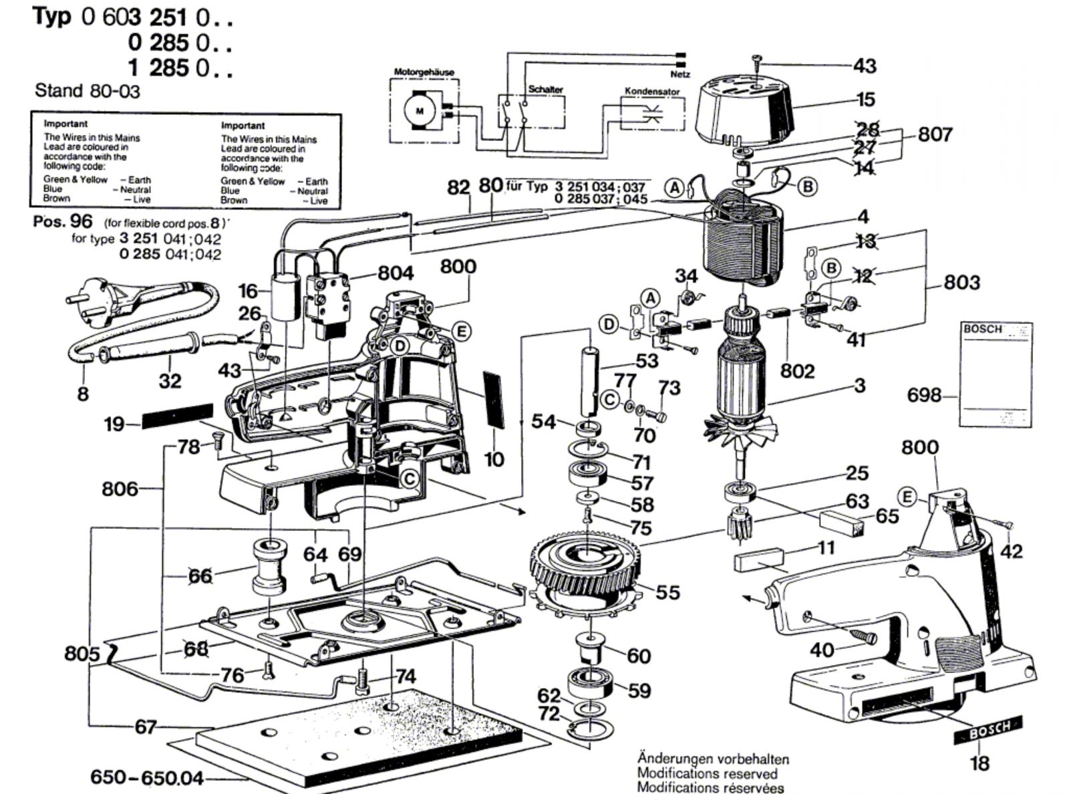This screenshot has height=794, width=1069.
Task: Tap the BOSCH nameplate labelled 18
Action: (987, 731)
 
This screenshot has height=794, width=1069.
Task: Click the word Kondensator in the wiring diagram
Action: (651, 91)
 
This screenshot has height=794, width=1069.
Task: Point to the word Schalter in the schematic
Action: (545, 89)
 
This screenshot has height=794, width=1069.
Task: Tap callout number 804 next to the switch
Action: (396, 273)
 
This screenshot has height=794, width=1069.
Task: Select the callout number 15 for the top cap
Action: (865, 100)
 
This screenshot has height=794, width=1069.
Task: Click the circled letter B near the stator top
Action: (808, 186)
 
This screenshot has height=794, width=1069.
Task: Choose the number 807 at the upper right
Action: (935, 134)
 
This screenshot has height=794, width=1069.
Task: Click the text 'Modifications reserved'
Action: (707, 773)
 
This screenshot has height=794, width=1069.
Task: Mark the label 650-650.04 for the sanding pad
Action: (147, 778)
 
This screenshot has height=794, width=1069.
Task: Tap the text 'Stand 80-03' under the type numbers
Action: (88, 91)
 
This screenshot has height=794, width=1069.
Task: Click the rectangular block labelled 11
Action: (758, 559)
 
